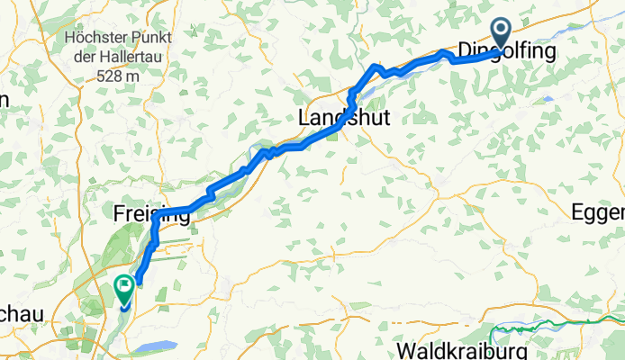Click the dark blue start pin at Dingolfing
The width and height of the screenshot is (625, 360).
[x=500, y=33]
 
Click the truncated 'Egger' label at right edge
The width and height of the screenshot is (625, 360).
[x=598, y=212]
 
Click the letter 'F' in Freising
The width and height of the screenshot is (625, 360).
[x=120, y=213]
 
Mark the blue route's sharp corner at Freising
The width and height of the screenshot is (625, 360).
[x=157, y=216]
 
